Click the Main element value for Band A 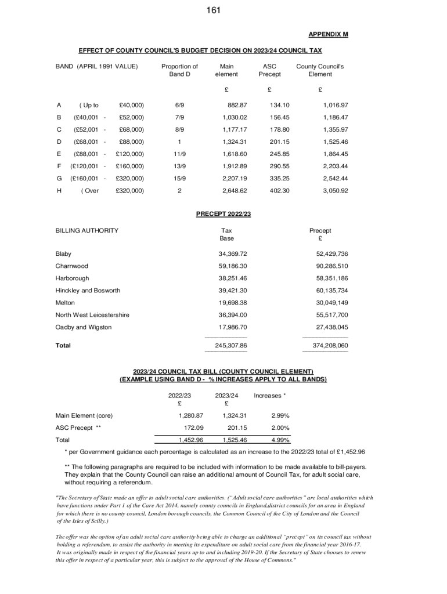coord(235,105)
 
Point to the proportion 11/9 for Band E coord(179,154)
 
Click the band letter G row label coord(59,178)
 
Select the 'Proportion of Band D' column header coord(179,70)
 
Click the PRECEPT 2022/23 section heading coord(223,214)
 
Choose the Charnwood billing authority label coord(72,266)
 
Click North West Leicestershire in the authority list coord(92,315)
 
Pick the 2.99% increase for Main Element coord(280,415)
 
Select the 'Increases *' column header coord(269,396)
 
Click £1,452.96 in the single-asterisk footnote coord(349,452)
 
